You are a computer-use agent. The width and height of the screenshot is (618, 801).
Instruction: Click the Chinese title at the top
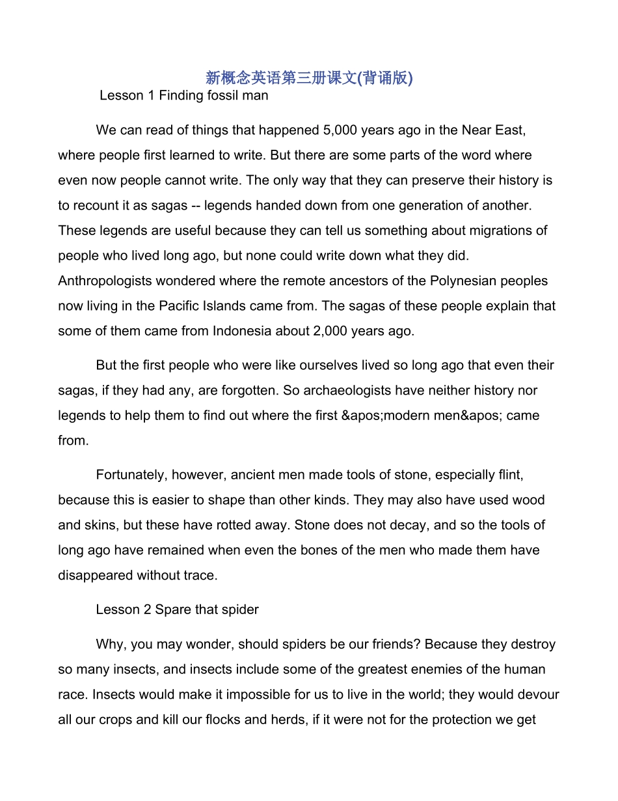click(309, 78)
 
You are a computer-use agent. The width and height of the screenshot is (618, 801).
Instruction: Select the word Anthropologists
click(103, 281)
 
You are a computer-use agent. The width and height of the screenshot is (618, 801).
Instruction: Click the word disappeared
click(96, 576)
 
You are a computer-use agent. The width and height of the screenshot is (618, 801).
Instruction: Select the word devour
click(539, 695)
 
